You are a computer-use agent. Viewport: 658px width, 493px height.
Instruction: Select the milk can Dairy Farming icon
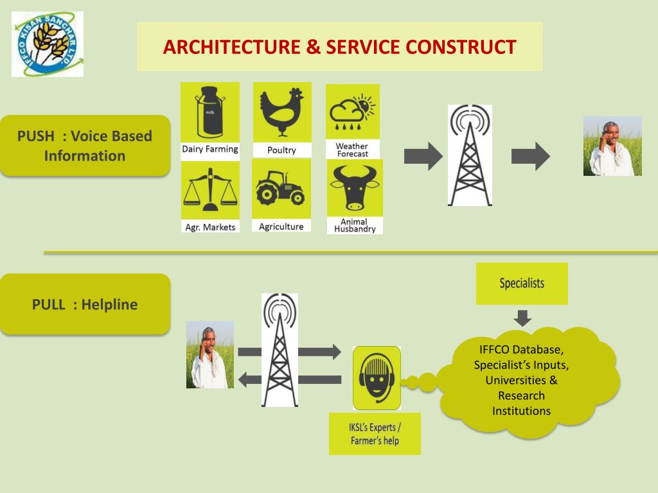pos(210,112)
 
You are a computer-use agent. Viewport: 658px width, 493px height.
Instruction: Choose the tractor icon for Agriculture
pos(281,189)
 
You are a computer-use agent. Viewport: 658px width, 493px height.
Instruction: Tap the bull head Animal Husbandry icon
pos(354,187)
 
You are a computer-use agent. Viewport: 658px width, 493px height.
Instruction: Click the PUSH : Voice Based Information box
pos(85,146)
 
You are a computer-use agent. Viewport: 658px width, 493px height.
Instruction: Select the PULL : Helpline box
pos(85,304)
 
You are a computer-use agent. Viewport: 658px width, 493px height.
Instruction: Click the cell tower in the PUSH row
pos(470,155)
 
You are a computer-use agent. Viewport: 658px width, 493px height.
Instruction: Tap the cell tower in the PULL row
pos(280,350)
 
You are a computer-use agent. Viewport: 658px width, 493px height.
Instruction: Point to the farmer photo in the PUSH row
pos(612,146)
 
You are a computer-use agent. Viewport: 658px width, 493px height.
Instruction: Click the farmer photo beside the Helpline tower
pos(209,354)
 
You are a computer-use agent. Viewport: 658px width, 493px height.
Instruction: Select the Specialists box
pos(522,283)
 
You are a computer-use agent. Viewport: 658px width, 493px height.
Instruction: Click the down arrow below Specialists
pos(522,317)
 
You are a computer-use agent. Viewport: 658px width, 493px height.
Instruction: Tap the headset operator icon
pos(377,378)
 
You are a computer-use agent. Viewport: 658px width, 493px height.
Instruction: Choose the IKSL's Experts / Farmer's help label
pos(375,434)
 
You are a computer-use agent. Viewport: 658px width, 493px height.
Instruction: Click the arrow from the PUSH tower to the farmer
pos(530,156)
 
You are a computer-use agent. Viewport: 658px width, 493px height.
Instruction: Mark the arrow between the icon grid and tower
pos(423,156)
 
